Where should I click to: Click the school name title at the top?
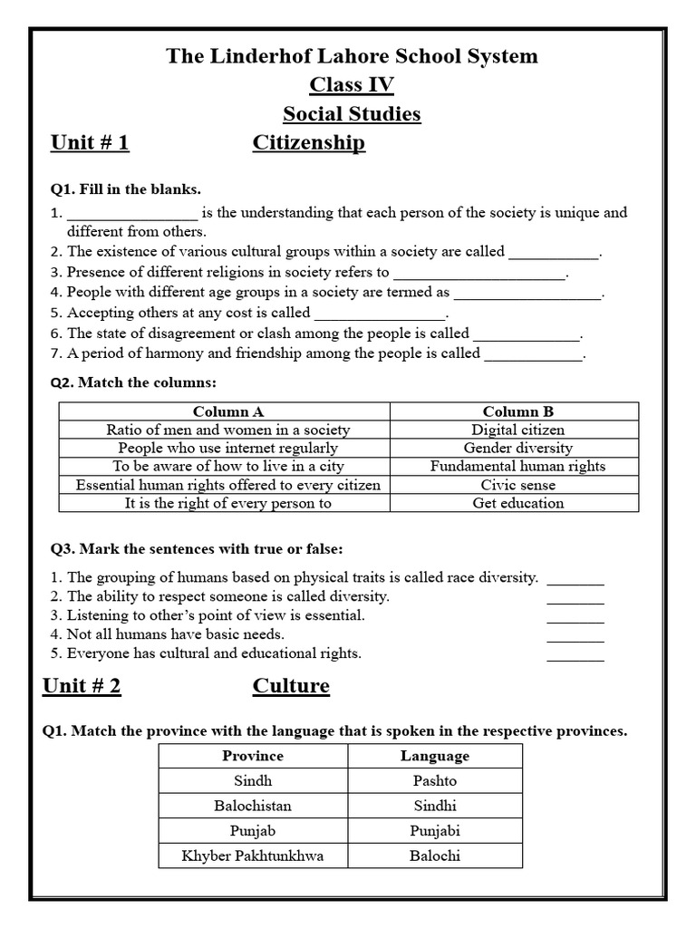[x=352, y=56]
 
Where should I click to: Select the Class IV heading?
[x=352, y=85]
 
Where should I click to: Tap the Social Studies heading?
[x=352, y=114]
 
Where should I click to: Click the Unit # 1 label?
[x=90, y=143]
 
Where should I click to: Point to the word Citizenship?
[x=308, y=143]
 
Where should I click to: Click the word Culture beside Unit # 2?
[x=291, y=686]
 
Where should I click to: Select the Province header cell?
[x=253, y=756]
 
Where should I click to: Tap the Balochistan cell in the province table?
[x=253, y=806]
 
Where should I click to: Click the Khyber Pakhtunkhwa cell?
[x=253, y=855]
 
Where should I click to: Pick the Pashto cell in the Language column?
[x=434, y=781]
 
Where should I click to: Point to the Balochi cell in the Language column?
[x=434, y=855]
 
